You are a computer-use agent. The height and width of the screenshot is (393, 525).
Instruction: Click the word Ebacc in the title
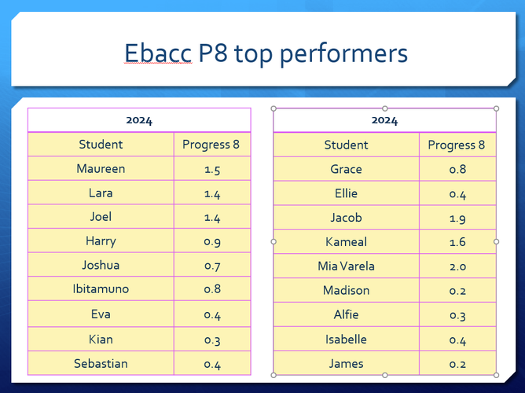pyautogui.click(x=158, y=53)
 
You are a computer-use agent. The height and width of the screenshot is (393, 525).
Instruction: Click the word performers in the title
pyautogui.click(x=344, y=54)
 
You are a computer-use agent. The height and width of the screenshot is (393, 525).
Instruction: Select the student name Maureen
pyautogui.click(x=101, y=168)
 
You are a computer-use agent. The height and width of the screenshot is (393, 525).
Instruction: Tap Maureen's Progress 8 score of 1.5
pyautogui.click(x=212, y=170)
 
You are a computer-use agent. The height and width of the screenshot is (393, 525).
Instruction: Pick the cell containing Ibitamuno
pyautogui.click(x=101, y=288)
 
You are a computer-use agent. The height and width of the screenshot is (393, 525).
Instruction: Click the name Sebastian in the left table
pyautogui.click(x=101, y=363)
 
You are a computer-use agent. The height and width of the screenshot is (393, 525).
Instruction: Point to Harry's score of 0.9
pyautogui.click(x=212, y=241)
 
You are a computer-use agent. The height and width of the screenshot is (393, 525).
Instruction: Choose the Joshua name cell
pyautogui.click(x=101, y=264)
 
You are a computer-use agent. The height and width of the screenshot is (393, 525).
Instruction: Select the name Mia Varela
pyautogui.click(x=347, y=266)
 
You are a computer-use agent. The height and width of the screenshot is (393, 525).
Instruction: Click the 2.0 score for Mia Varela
pyautogui.click(x=457, y=266)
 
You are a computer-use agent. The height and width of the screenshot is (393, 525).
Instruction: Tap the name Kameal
pyautogui.click(x=347, y=241)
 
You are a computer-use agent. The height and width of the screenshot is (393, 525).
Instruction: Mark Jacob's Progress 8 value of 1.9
pyautogui.click(x=457, y=219)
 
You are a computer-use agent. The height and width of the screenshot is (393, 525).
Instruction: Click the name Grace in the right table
pyautogui.click(x=347, y=169)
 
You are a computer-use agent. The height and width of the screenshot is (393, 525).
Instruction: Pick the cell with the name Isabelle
pyautogui.click(x=347, y=339)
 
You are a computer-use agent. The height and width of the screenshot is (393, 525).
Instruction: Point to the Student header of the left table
pyautogui.click(x=101, y=145)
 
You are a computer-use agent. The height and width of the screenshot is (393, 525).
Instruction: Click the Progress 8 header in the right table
pyautogui.click(x=457, y=145)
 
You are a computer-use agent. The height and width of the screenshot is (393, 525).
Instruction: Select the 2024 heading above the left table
pyautogui.click(x=139, y=120)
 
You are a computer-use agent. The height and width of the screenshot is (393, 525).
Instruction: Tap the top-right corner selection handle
pyautogui.click(x=496, y=108)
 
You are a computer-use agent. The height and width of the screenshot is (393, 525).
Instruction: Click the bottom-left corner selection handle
pyautogui.click(x=274, y=375)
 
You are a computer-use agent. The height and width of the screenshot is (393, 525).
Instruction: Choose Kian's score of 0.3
pyautogui.click(x=212, y=340)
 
